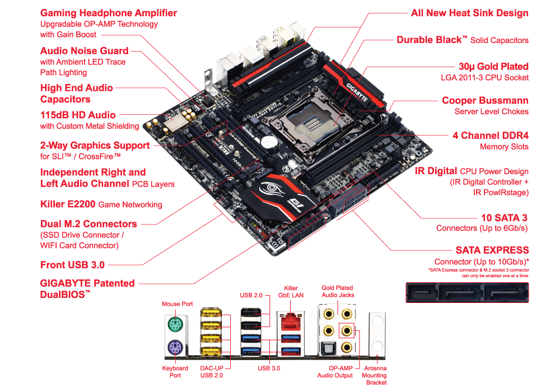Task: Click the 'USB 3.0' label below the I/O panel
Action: click(x=269, y=368)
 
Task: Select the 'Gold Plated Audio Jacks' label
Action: click(x=337, y=291)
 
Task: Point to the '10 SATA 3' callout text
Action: click(x=504, y=218)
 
